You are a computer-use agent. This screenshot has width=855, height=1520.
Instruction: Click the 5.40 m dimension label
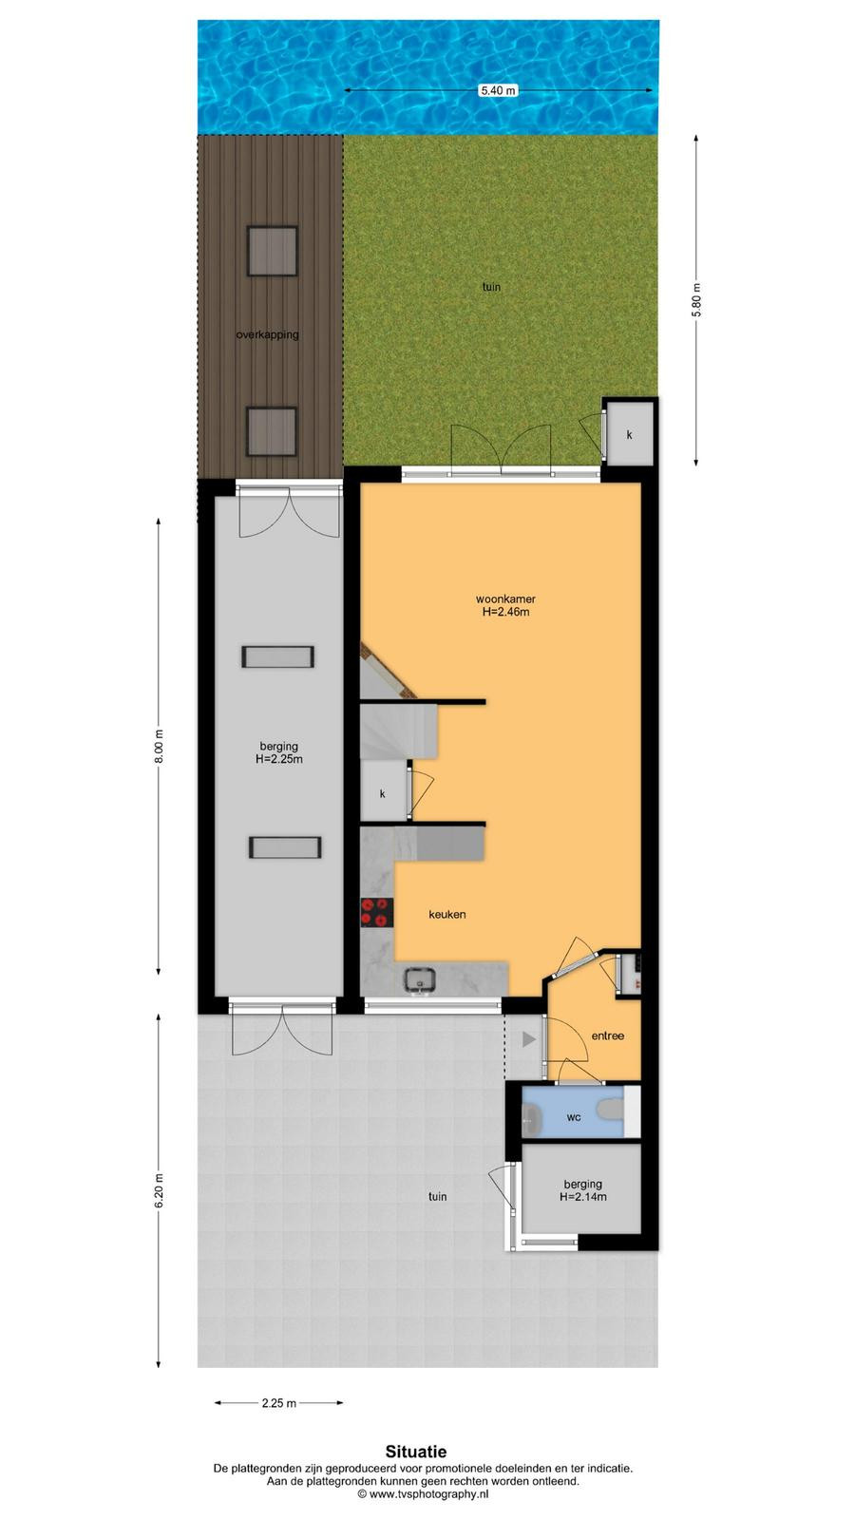[x=498, y=90]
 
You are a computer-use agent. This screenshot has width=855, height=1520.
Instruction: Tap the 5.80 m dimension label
[x=696, y=300]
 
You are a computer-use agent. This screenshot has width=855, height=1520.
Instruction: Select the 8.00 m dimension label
[x=159, y=747]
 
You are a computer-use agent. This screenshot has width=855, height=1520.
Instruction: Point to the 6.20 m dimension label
[x=159, y=1191]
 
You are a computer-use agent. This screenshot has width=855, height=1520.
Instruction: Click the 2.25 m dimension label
[x=279, y=1403]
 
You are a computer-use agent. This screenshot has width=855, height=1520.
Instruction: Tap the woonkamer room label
[x=505, y=605]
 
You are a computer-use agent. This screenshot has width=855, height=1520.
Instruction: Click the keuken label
[x=447, y=915]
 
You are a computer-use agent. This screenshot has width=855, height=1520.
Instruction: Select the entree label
[x=607, y=1036]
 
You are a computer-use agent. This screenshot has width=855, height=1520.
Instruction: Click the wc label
[x=574, y=1117]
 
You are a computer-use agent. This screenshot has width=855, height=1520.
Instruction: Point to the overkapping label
[x=267, y=334]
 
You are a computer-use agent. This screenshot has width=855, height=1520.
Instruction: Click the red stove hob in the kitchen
[x=376, y=912]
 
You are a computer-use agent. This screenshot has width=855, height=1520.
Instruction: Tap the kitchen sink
[x=421, y=979]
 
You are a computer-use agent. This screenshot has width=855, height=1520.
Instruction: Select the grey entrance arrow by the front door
[x=528, y=1039]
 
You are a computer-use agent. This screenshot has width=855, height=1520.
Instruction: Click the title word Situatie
[x=416, y=1452]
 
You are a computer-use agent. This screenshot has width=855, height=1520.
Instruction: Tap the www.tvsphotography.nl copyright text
[x=423, y=1493]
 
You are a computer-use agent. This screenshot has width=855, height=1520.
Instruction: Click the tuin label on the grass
[x=491, y=287]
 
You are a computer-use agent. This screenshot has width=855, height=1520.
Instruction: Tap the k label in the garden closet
[x=629, y=434]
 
